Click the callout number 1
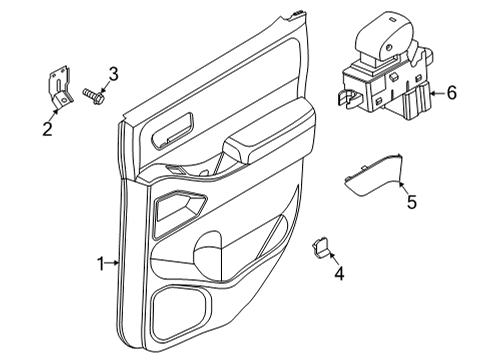pyautogui.click(x=100, y=263)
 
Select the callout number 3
pyautogui.click(x=114, y=73)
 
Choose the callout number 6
pyautogui.click(x=452, y=93)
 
